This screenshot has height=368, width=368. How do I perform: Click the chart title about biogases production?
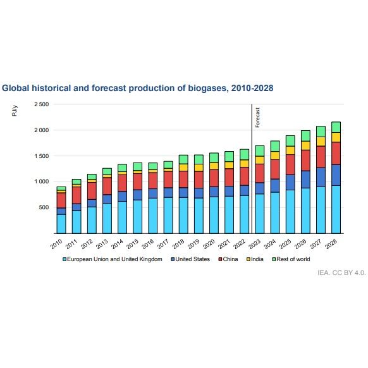click(x=138, y=88)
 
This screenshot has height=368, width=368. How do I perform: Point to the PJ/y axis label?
click(x=15, y=111)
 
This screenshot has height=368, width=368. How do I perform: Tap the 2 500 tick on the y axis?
click(x=41, y=104)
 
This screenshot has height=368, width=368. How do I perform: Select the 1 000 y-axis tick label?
click(x=41, y=181)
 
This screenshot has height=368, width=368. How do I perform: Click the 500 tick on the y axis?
click(x=44, y=207)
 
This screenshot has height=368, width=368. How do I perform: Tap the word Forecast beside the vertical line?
click(x=258, y=118)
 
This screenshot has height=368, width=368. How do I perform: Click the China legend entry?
click(x=230, y=259)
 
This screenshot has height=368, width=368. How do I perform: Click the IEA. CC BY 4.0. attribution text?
click(x=341, y=272)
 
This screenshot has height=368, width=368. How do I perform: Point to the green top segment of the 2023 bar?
click(x=259, y=150)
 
